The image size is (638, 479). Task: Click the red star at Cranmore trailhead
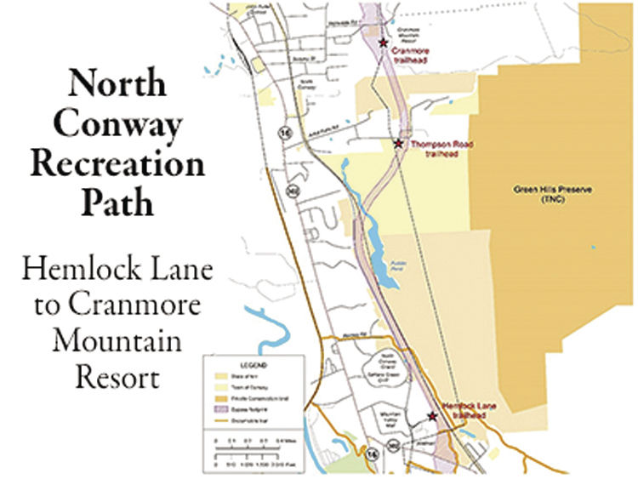pos(383,42)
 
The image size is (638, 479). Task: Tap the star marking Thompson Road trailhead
pos(398,144)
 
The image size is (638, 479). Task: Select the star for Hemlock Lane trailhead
pos(432,416)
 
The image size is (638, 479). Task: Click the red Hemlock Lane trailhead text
pos(464,412)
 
